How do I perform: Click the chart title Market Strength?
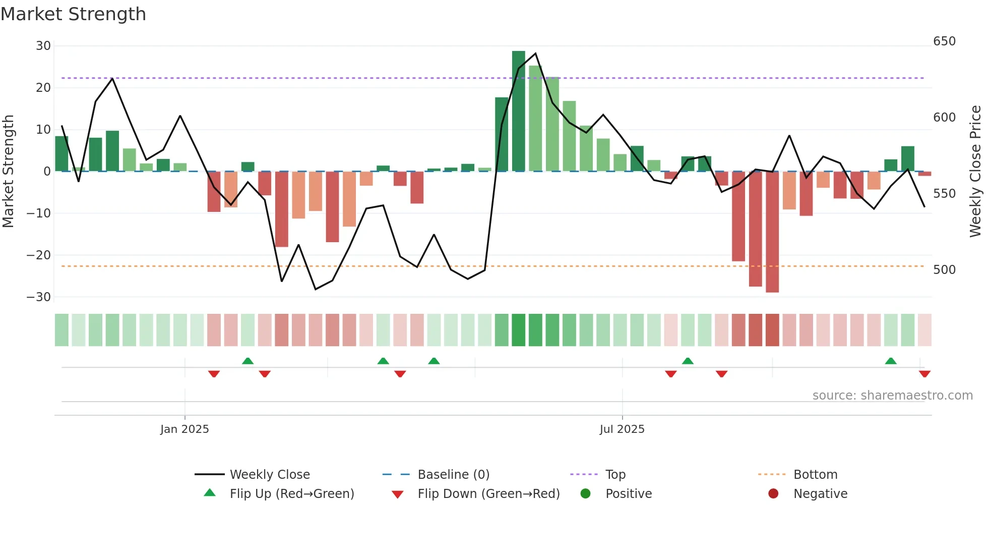pyautogui.click(x=73, y=14)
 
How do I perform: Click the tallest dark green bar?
pyautogui.click(x=518, y=111)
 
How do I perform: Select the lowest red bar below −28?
pyautogui.click(x=772, y=232)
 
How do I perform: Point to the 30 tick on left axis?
pyautogui.click(x=43, y=46)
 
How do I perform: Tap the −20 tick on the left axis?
pyautogui.click(x=39, y=255)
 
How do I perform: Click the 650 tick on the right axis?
pyautogui.click(x=944, y=41)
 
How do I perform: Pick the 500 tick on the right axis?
pyautogui.click(x=944, y=270)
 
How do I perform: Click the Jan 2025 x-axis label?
pyautogui.click(x=184, y=429)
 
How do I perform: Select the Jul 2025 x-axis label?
pyautogui.click(x=622, y=429)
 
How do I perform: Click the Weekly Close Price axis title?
pyautogui.click(x=975, y=172)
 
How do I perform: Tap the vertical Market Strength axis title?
pyautogui.click(x=9, y=172)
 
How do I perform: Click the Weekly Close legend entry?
pyautogui.click(x=270, y=475)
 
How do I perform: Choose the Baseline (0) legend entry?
pyautogui.click(x=453, y=475)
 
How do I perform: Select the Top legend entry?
pyautogui.click(x=615, y=475)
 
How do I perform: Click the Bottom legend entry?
pyautogui.click(x=815, y=475)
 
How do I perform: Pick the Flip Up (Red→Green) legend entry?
pyautogui.click(x=291, y=494)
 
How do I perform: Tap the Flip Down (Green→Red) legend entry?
pyautogui.click(x=488, y=494)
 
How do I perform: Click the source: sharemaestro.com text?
pyautogui.click(x=892, y=396)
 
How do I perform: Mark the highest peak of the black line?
pyautogui.click(x=535, y=53)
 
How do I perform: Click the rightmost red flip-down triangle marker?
pyautogui.click(x=924, y=374)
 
